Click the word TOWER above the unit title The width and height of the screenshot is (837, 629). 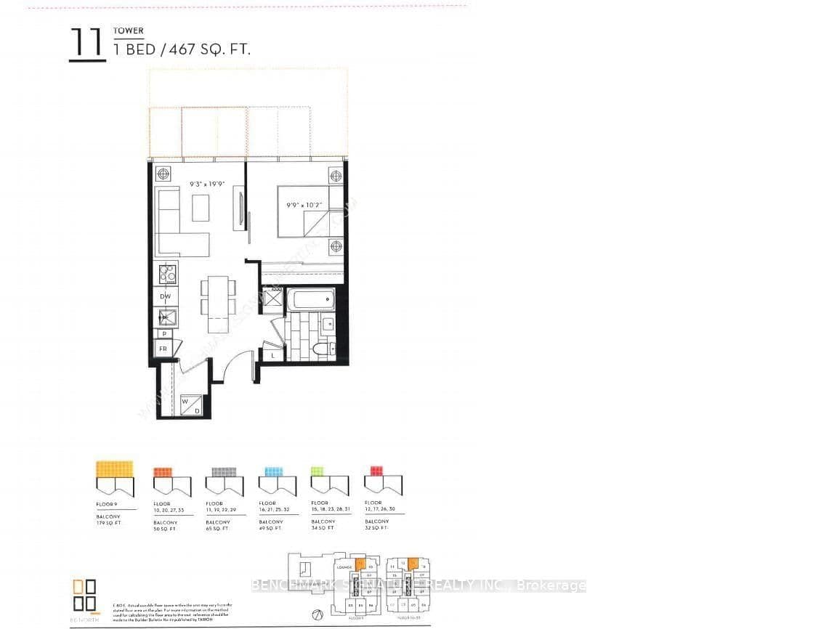coord(128,31)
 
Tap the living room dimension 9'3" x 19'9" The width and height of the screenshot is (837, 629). coord(206,184)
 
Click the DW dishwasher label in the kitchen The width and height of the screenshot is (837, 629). coord(166,296)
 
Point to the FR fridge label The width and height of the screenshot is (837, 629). coord(164,349)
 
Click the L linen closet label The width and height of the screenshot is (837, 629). coord(272,355)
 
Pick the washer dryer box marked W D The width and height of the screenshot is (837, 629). coord(190,406)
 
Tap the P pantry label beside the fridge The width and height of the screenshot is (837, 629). coord(165,333)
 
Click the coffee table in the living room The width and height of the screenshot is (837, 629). coord(201,208)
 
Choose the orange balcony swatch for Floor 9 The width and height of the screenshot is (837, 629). coord(115,468)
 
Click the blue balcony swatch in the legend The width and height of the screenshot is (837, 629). coord(273,471)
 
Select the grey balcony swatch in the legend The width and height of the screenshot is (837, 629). coord(221,471)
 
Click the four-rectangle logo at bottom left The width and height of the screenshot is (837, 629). coord(84,596)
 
